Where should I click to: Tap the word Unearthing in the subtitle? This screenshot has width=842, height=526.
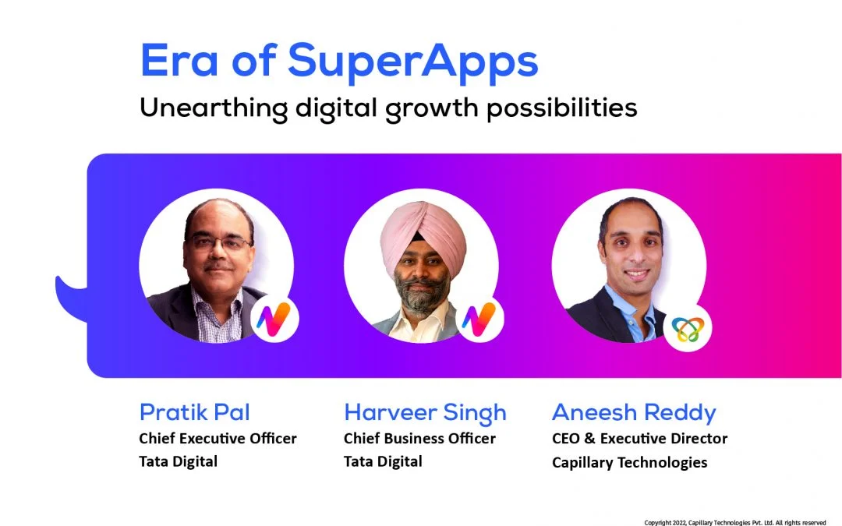pos(214,108)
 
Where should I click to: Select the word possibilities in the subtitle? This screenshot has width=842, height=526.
pos(561,108)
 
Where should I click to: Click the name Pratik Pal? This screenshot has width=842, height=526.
pos(194,412)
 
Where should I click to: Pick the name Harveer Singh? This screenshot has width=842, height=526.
pos(425,413)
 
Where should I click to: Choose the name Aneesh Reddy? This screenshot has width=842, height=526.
pos(634,413)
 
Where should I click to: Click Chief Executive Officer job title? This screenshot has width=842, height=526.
pos(218,439)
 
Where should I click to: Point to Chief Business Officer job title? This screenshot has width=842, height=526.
pos(419,439)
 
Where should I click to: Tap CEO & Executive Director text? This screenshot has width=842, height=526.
pos(639,439)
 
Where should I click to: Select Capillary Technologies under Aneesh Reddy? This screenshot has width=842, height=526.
pos(629,463)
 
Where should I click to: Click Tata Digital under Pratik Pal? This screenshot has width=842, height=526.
pos(179,461)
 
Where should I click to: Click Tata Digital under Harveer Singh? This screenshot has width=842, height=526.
pos(383,461)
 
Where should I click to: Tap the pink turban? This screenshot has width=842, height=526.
pos(423,235)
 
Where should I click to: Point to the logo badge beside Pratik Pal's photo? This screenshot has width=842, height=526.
pos(274,318)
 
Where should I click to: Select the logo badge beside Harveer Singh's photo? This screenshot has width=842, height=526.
pos(480,318)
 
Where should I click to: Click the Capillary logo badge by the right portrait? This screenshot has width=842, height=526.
pos(688,328)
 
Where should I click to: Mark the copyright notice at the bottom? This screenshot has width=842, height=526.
pos(735,521)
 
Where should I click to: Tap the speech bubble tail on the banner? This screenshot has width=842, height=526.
pos(72,298)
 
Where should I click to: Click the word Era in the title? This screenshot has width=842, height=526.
pos(179,61)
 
